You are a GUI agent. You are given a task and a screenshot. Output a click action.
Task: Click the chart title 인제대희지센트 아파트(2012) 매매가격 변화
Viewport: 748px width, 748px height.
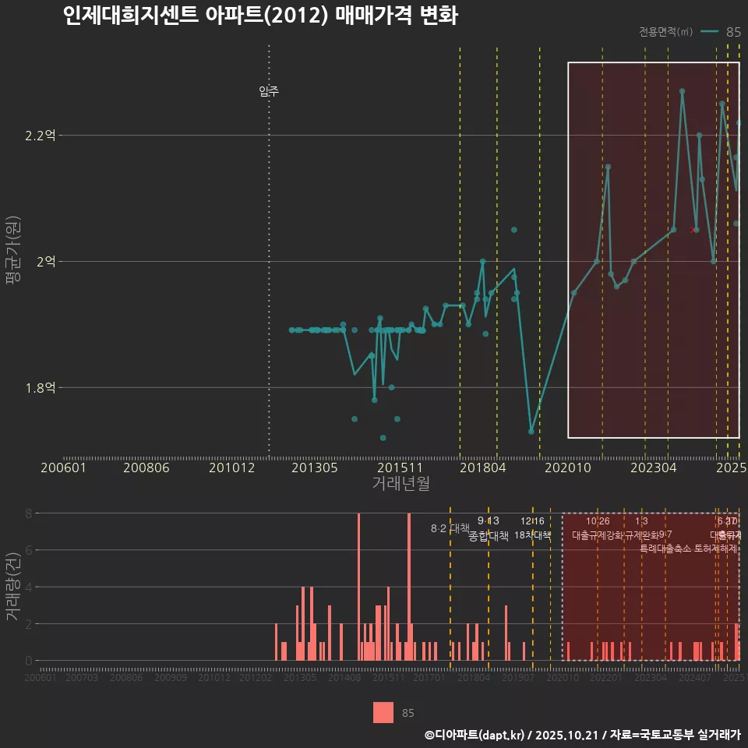[260, 16]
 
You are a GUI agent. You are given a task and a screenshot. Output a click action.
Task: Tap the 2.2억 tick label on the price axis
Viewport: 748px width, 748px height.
[40, 136]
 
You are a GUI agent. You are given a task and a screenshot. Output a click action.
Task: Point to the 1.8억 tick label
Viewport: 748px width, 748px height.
[40, 388]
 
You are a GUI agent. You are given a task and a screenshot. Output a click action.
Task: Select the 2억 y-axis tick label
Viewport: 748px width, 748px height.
[45, 262]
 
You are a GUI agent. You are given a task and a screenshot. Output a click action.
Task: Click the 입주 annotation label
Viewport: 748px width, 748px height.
[269, 91]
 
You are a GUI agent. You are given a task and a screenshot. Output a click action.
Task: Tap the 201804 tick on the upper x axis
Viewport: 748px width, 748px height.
[482, 467]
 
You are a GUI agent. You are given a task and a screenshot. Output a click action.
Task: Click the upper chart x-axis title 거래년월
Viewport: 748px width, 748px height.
[400, 483]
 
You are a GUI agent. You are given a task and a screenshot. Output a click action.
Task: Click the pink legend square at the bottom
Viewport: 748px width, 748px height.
[383, 712]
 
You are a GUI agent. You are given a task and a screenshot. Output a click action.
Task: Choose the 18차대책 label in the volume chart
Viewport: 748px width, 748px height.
[533, 535]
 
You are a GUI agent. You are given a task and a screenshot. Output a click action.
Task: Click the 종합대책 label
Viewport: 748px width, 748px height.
[489, 535]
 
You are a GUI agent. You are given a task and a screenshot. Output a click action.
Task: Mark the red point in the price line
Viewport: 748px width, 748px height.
[695, 230]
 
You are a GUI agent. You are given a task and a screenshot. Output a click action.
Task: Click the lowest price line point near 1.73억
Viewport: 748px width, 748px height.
[531, 431]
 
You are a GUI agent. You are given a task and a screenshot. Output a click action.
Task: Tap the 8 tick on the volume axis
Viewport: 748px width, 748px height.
[28, 513]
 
